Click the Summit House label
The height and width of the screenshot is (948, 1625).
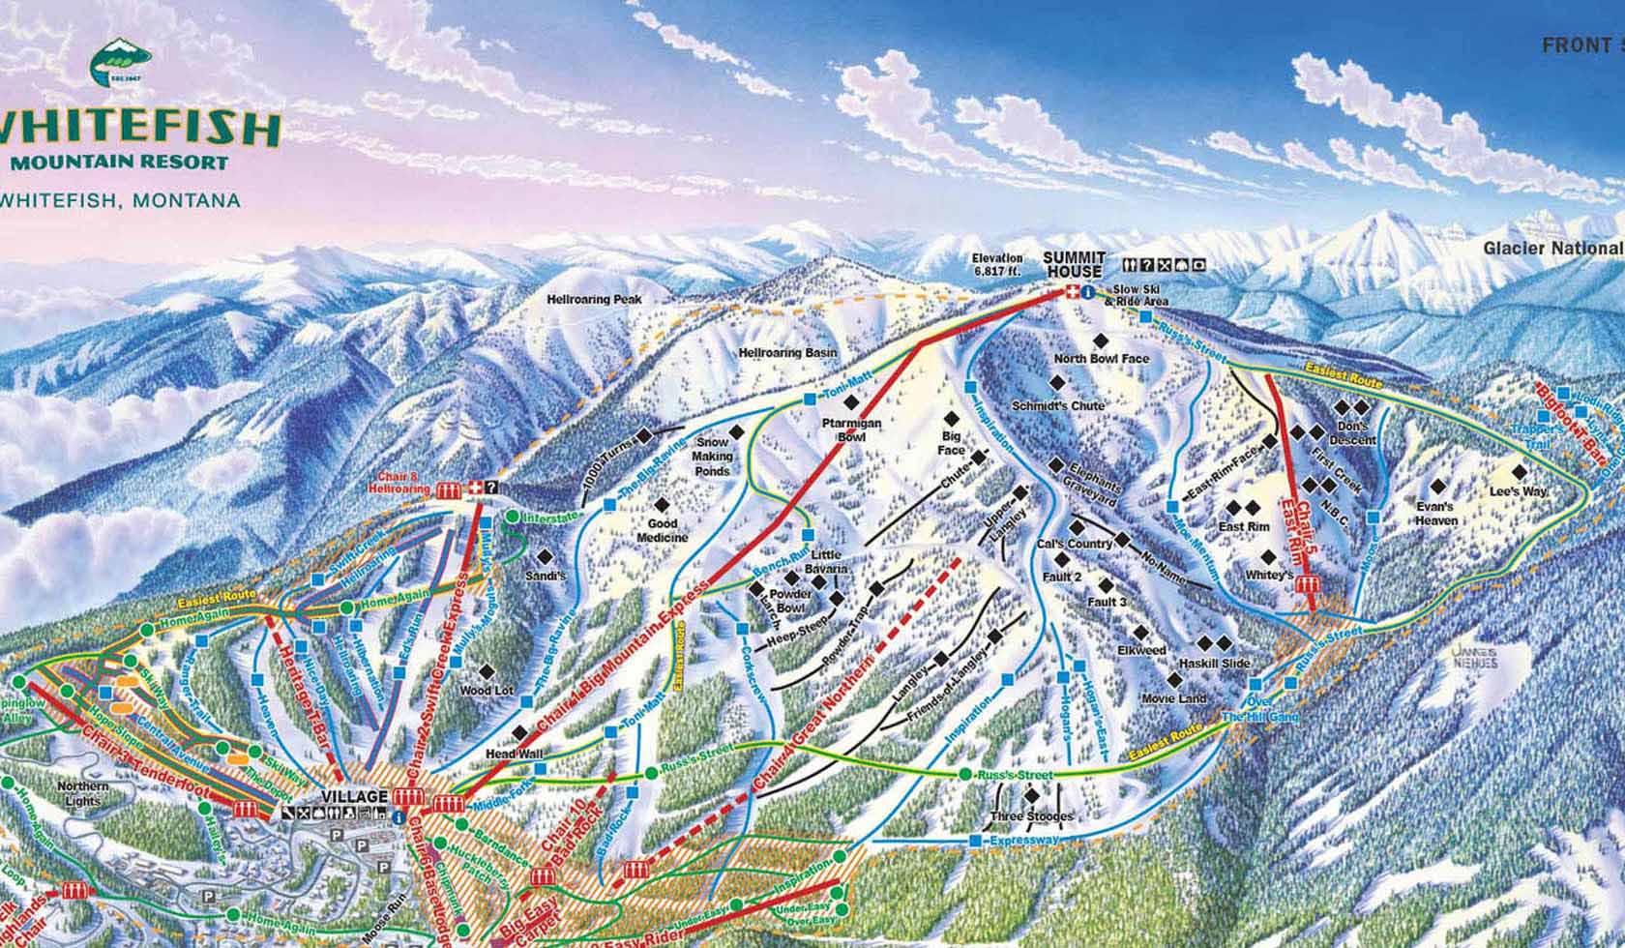(1073, 264)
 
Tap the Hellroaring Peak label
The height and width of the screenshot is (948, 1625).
(594, 300)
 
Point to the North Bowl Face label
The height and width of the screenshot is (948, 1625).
(1101, 359)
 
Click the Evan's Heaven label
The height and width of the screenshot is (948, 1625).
(1435, 514)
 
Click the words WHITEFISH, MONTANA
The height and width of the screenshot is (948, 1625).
(121, 201)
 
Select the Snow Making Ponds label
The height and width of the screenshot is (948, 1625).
(712, 457)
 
